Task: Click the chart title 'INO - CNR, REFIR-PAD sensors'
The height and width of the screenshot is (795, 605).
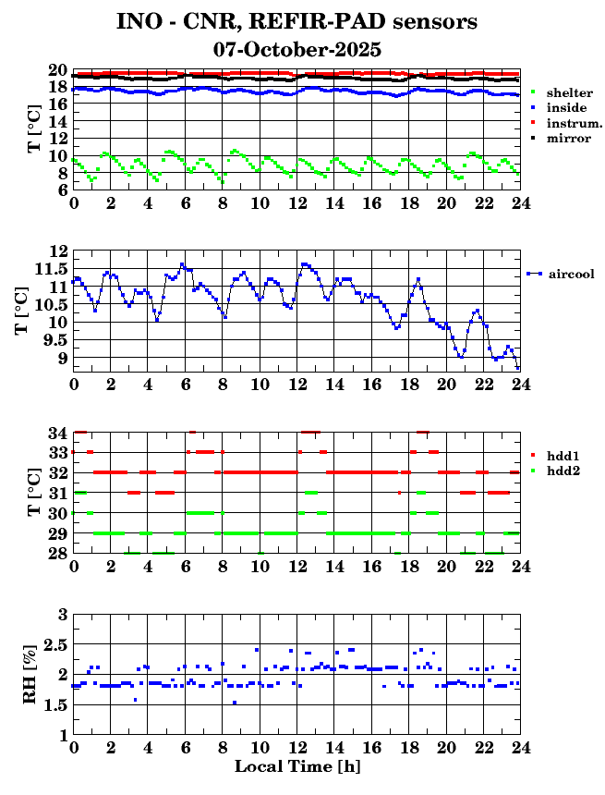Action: [x=297, y=20]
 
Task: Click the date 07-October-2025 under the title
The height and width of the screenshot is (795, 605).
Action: [x=297, y=49]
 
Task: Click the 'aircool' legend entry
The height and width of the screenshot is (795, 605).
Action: [x=570, y=274]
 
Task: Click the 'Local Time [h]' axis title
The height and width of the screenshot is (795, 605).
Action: [x=296, y=766]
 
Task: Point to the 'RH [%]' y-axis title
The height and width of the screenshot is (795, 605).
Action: [x=30, y=675]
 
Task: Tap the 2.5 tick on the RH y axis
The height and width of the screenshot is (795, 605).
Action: [x=56, y=644]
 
